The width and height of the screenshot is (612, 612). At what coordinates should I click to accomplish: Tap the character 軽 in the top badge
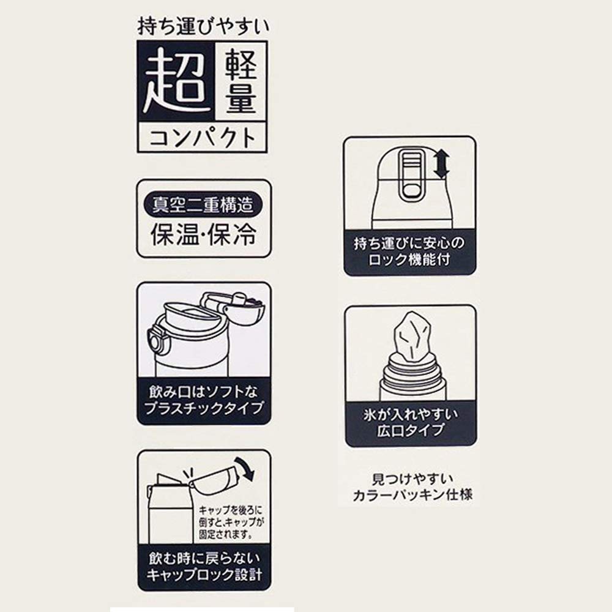pyautogui.click(x=241, y=64)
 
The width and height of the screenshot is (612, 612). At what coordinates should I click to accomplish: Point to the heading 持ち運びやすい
pyautogui.click(x=203, y=26)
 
